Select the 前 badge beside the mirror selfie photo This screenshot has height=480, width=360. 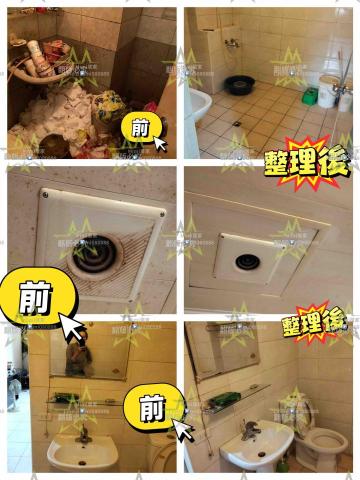tap(149, 407)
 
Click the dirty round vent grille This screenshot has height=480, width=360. tap(103, 247)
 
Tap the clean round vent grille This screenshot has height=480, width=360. tap(248, 263)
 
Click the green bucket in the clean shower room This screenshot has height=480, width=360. tap(311, 96)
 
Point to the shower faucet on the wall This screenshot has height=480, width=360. tap(231, 44)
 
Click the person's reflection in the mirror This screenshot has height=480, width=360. tap(76, 356)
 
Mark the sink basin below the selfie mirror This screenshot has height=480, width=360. tap(82, 455)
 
